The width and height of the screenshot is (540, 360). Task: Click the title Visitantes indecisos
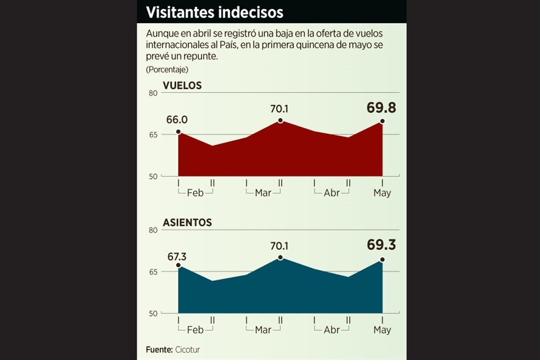click(214, 12)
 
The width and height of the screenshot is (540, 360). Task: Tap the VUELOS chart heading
click(182, 85)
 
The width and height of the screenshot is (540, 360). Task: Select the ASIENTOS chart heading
click(187, 223)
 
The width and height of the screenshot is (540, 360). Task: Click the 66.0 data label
click(177, 120)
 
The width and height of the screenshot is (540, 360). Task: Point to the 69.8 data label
click(381, 108)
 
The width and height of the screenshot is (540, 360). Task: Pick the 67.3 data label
click(177, 256)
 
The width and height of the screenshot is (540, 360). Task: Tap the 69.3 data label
click(381, 246)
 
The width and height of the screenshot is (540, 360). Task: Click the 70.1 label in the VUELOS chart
click(280, 109)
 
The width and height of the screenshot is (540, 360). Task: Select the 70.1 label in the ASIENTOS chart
click(280, 246)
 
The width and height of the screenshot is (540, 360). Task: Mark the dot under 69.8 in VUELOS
click(382, 121)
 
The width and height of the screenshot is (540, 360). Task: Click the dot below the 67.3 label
click(178, 265)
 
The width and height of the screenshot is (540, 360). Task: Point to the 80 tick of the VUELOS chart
click(153, 93)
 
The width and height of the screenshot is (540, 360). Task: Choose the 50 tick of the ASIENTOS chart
click(153, 313)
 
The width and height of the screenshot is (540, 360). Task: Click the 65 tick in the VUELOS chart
click(153, 134)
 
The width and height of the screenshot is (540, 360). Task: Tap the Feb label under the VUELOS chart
click(195, 192)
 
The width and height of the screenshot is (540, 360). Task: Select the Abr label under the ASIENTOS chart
click(332, 330)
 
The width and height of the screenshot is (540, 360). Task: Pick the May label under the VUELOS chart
click(382, 192)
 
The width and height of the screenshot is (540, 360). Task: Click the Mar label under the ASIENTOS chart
click(263, 330)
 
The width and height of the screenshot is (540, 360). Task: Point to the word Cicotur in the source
click(187, 350)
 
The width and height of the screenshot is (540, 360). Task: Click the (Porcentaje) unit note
click(167, 70)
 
